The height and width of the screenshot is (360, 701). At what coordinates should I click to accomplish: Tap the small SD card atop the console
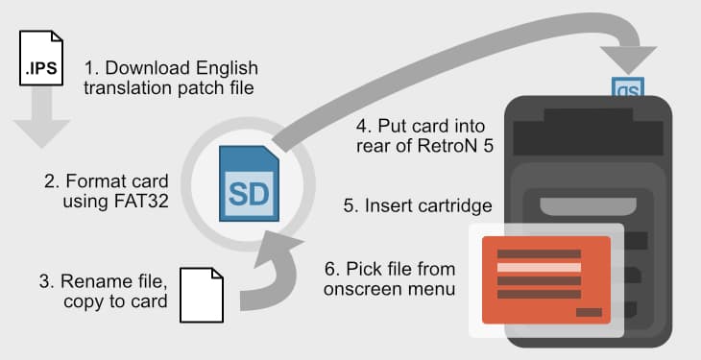[628, 88]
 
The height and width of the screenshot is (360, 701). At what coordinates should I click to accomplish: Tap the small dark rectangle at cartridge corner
[588, 313]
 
